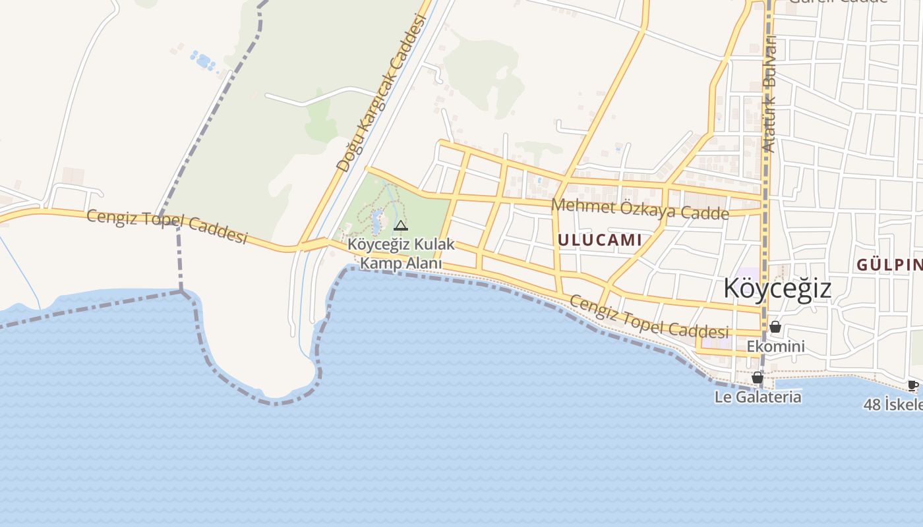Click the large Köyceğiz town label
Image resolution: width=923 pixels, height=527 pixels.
point(777,289)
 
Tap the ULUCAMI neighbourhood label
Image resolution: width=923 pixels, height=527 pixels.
point(599,240)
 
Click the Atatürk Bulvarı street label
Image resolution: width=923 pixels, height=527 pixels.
point(769,94)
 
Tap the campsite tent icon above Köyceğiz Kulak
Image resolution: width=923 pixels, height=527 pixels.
point(400,226)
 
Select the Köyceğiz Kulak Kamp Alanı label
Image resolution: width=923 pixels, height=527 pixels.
point(401,254)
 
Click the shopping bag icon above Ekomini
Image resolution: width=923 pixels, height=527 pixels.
point(775,327)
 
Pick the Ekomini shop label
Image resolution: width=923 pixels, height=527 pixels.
point(775,347)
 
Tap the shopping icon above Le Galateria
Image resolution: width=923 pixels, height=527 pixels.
point(758,377)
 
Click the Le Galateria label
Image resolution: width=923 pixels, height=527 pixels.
point(758,397)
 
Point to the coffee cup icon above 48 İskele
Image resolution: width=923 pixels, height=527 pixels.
point(912,385)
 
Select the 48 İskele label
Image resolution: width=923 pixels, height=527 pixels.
point(893,404)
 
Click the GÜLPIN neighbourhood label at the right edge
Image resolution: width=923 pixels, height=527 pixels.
point(889,265)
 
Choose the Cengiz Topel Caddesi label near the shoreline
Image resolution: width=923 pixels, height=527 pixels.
point(649,317)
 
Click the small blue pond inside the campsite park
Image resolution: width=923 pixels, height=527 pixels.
point(377,221)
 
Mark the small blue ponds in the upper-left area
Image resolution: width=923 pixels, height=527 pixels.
point(202,61)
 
